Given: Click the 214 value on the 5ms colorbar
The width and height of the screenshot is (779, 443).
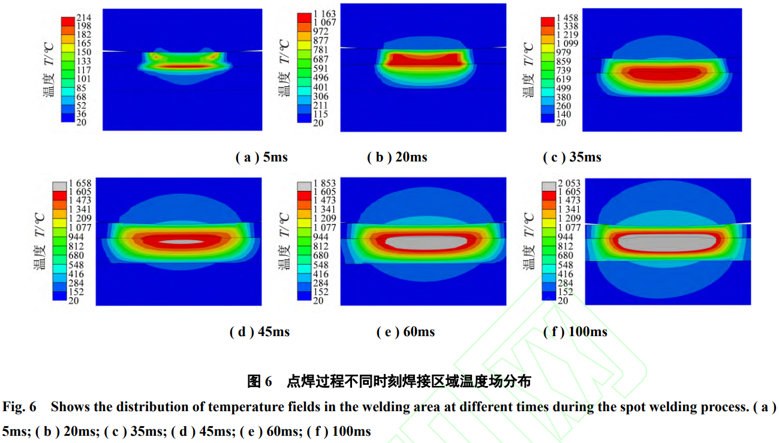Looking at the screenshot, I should tap(83, 17).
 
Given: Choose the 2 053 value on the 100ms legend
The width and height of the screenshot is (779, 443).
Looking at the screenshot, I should tap(569, 183).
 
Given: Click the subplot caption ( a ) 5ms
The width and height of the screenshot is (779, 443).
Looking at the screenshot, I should tap(261, 157).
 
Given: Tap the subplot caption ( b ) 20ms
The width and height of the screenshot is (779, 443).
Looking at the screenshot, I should tap(397, 157).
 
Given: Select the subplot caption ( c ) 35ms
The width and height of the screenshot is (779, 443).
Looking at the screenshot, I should tap(572, 157).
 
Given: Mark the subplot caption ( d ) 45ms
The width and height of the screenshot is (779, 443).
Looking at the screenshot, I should tap(259, 332).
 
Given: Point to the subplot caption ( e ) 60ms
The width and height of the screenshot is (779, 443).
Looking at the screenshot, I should tap(405, 332).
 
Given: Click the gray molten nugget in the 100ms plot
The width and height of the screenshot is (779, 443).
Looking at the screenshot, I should tap(666, 243).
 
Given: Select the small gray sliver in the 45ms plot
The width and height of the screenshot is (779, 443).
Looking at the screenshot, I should tap(184, 241).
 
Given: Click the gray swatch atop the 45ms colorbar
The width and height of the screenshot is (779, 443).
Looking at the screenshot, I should tap(60, 186).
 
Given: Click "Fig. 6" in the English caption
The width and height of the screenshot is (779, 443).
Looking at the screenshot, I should tap(19, 407).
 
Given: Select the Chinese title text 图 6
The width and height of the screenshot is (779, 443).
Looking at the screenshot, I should tap(260, 381).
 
